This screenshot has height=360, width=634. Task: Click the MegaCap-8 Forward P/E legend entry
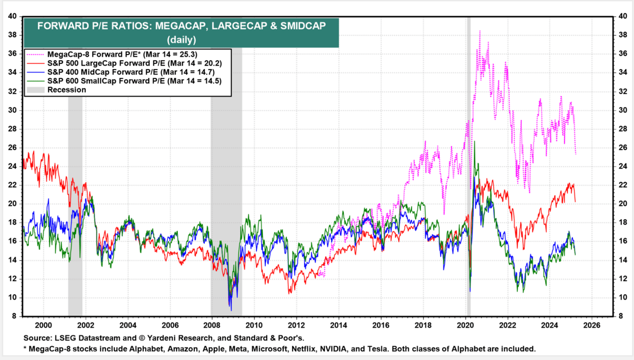[x=123, y=54]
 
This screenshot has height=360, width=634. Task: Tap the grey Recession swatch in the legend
[x=35, y=90]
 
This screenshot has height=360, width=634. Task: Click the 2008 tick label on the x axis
[x=211, y=325]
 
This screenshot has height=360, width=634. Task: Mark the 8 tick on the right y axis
[x=621, y=316]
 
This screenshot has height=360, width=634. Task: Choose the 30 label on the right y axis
[x=622, y=110]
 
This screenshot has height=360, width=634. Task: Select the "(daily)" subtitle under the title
[x=181, y=39]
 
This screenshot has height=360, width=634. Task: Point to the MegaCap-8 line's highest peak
[x=479, y=31]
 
